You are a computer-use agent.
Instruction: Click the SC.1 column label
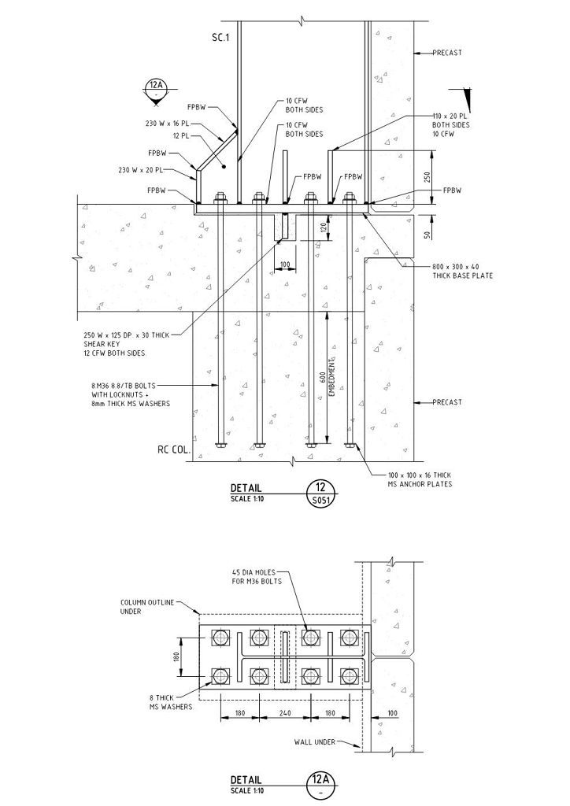point(220,37)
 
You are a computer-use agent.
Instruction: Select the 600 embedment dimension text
point(323,375)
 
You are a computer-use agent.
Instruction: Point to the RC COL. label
point(173,451)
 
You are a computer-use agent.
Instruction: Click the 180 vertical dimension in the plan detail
point(177,656)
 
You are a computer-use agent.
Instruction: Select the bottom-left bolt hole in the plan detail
point(220,676)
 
